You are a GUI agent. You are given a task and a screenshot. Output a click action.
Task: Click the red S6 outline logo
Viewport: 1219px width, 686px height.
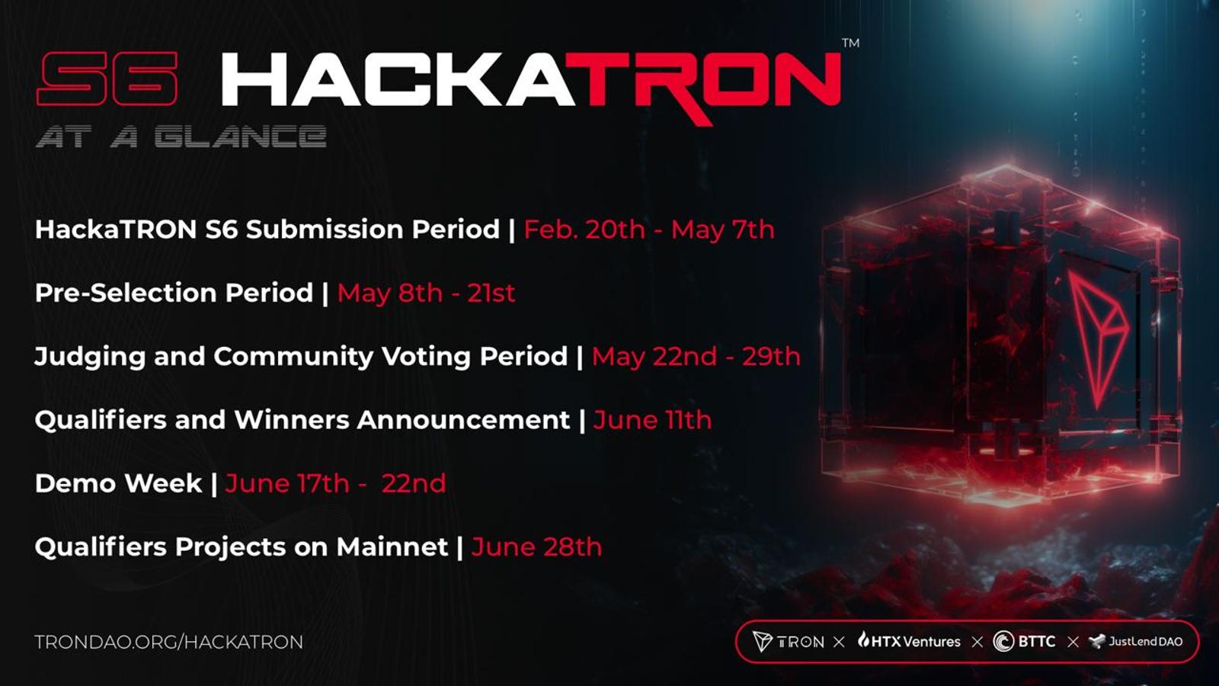107,79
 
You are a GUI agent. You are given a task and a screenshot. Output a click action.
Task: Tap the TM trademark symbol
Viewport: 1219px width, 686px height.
850,43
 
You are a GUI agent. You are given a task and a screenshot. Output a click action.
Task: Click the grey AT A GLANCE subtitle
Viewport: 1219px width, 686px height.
181,136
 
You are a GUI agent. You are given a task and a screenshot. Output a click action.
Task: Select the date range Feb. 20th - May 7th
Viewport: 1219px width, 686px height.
649,229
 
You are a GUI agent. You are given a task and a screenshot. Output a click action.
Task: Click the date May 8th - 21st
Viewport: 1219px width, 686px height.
426,293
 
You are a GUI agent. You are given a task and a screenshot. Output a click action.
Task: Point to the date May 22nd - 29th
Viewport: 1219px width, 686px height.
696,357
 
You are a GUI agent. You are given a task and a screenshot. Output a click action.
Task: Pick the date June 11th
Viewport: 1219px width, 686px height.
652,420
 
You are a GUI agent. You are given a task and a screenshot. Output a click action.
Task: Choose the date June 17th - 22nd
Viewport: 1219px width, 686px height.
336,483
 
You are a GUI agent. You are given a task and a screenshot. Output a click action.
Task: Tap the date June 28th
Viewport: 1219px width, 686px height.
536,547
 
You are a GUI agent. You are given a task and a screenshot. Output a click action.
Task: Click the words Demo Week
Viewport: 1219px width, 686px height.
118,483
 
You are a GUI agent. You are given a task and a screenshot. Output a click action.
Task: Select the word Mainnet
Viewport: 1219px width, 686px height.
392,547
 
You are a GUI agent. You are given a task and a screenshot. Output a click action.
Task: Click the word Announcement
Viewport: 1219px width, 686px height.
464,420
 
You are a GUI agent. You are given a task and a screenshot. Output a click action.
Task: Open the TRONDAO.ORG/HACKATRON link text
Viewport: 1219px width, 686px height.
168,642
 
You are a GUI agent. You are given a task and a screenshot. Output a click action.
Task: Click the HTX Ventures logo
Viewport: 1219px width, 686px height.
910,641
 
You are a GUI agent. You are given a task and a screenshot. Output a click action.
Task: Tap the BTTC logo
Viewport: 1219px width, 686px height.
1024,641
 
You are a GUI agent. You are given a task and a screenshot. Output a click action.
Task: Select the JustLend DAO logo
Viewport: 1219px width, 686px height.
1135,641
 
